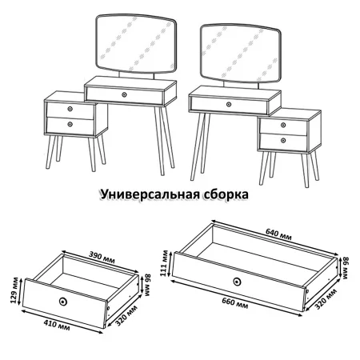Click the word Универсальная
tap(149, 194)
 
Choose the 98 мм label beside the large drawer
tap(346, 268)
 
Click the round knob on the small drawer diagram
tap(63, 301)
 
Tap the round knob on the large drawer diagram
tap(237, 281)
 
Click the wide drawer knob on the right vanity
tap(229, 104)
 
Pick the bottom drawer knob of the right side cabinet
tap(284, 140)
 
